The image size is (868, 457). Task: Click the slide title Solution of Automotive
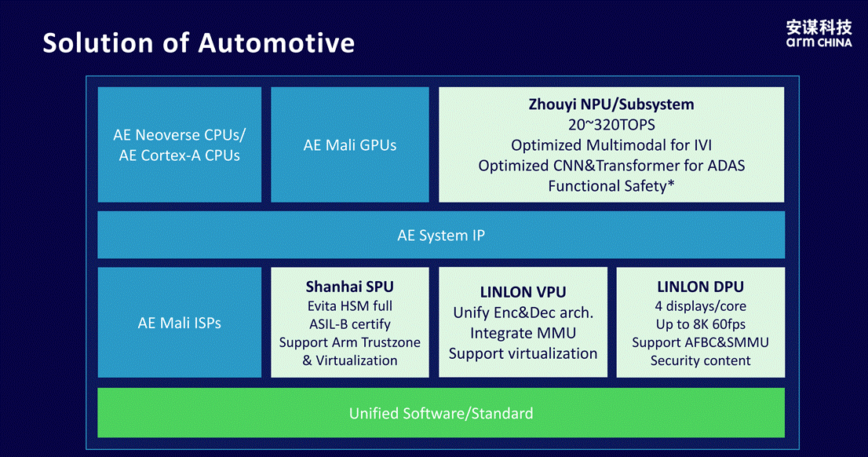click(199, 42)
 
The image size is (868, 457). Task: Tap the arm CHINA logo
click(819, 34)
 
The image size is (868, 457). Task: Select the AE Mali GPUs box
click(350, 144)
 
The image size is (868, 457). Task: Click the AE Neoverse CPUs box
click(180, 144)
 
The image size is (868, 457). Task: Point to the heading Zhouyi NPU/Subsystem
click(611, 104)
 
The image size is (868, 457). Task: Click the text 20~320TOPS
click(611, 125)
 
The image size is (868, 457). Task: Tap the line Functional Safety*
click(611, 186)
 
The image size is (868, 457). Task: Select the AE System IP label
click(441, 236)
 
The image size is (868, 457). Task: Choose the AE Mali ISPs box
click(180, 323)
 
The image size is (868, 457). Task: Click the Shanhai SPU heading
click(350, 287)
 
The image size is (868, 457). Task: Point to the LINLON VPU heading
click(523, 292)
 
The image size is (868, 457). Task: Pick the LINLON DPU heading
click(700, 287)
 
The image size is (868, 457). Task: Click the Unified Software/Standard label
click(441, 413)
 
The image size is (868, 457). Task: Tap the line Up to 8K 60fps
click(700, 324)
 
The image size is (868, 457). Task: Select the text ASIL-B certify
click(350, 324)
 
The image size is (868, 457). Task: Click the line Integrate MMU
click(523, 333)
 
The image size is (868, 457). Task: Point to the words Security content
click(700, 360)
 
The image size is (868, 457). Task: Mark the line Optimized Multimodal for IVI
click(611, 145)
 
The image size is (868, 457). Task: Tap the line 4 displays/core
click(700, 305)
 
